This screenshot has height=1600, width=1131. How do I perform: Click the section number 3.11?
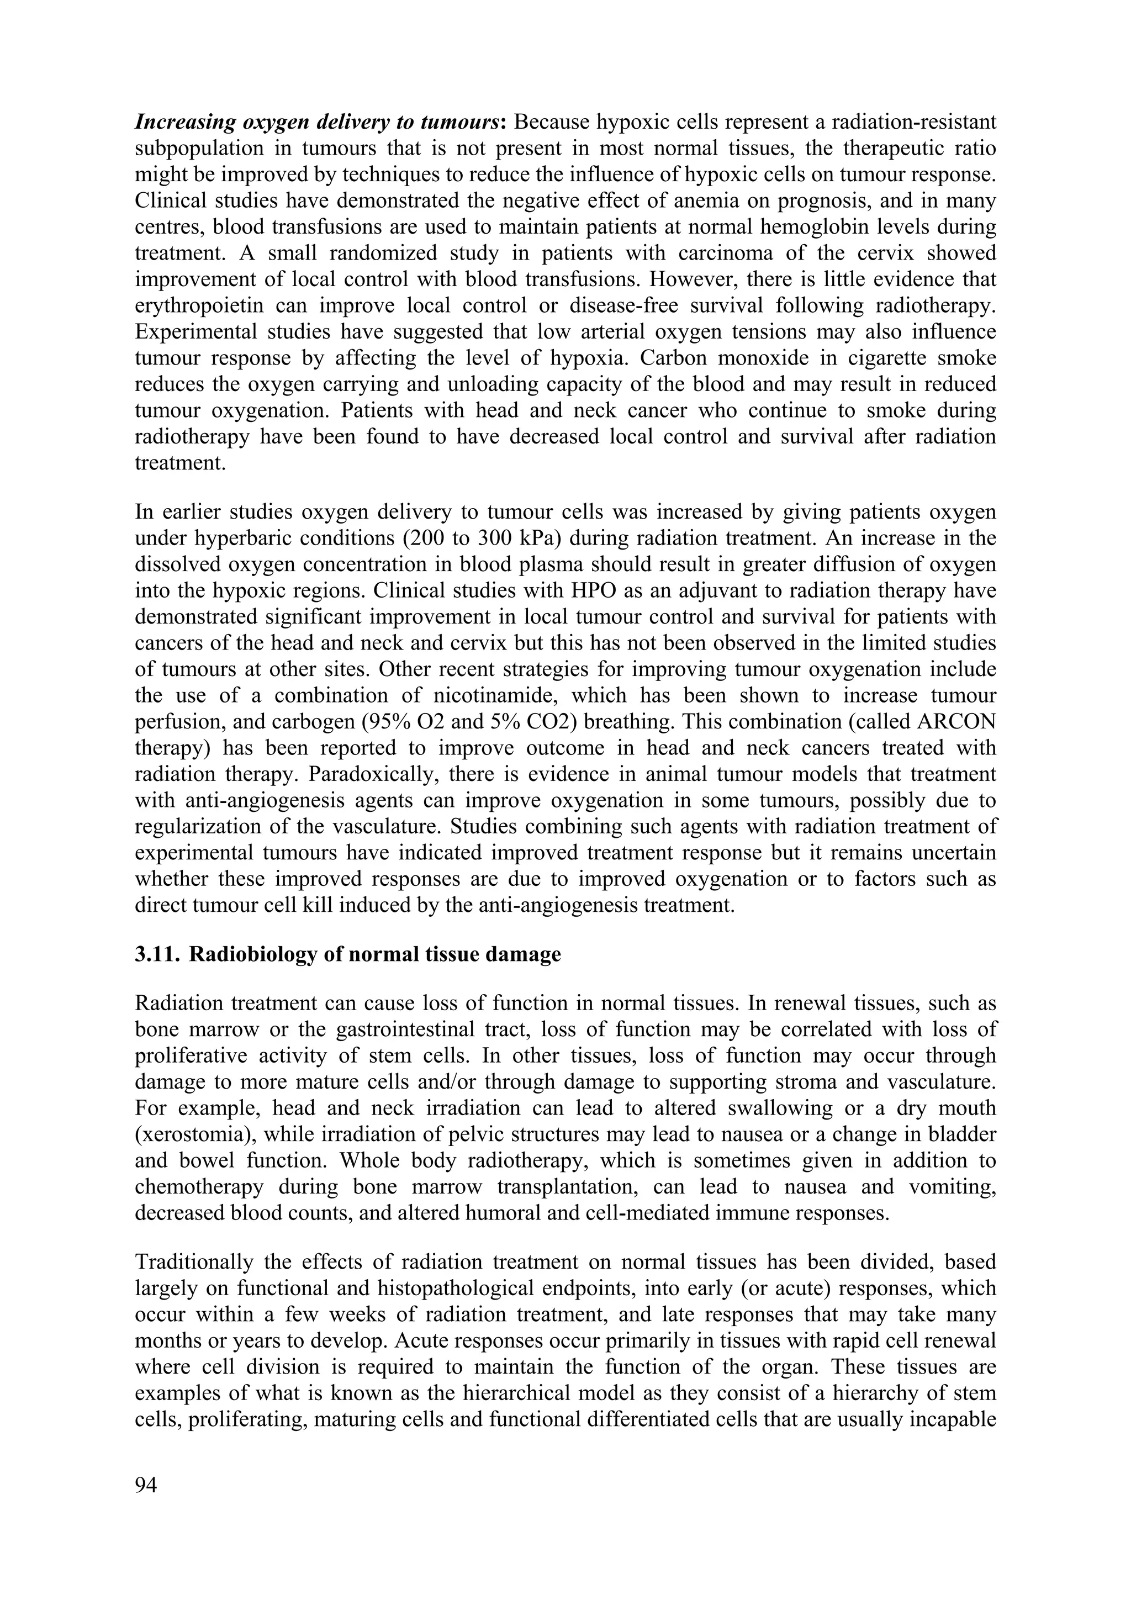157,954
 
